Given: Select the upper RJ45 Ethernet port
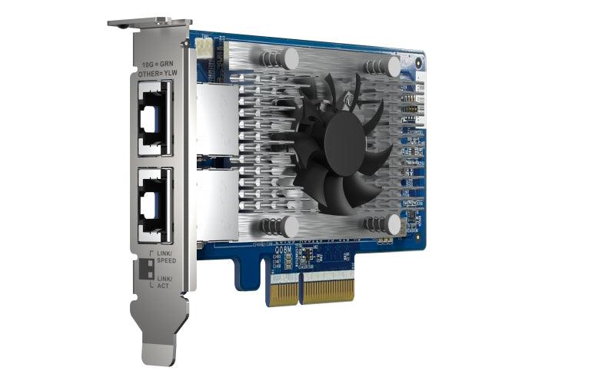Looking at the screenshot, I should (155, 121).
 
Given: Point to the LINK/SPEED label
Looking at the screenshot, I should (166, 257).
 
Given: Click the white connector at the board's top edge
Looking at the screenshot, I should (203, 48).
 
